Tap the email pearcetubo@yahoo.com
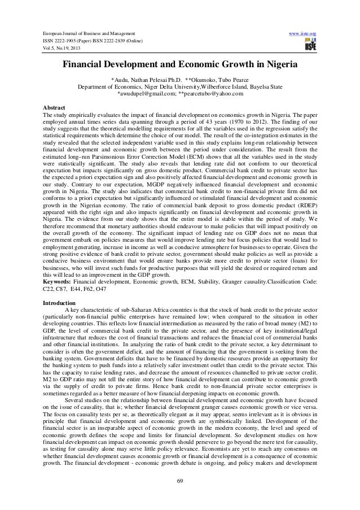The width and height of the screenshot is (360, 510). [209, 94]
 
